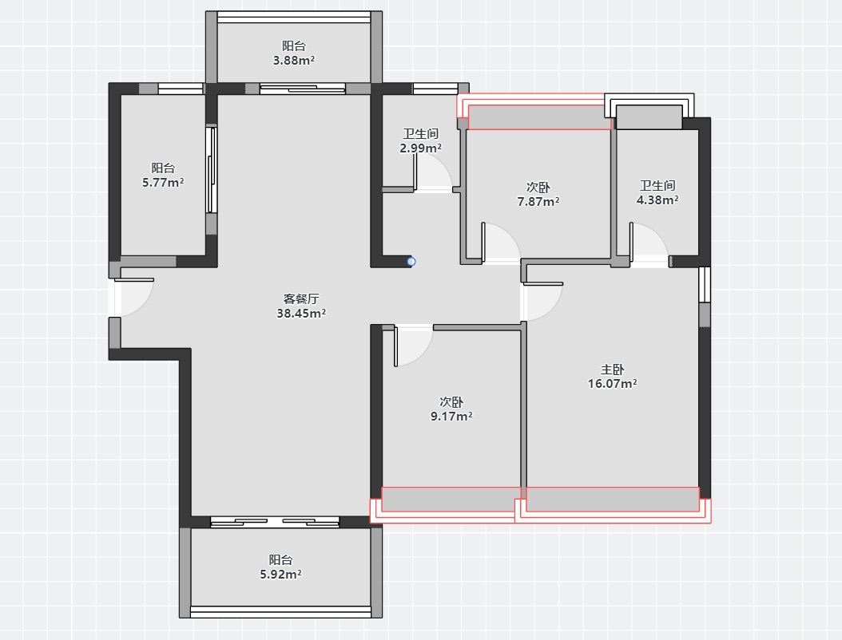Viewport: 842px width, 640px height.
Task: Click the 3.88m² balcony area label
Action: click(x=294, y=61)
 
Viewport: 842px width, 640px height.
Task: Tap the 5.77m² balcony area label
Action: click(x=163, y=183)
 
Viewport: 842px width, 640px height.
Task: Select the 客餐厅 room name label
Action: click(x=301, y=298)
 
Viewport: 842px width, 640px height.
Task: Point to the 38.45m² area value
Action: click(x=301, y=314)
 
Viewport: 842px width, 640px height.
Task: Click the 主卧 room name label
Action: click(x=612, y=369)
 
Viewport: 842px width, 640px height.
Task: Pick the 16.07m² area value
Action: click(x=612, y=384)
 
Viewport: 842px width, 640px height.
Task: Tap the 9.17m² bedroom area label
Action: click(x=451, y=417)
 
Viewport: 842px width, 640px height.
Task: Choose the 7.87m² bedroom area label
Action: click(x=538, y=202)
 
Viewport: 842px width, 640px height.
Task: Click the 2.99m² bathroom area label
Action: click(x=420, y=148)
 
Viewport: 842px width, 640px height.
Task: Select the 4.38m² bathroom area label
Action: click(x=657, y=200)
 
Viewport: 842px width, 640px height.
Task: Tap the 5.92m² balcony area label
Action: click(x=280, y=575)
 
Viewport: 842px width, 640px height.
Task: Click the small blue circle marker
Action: click(x=411, y=262)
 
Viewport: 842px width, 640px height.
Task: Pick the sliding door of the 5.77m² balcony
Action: click(x=212, y=170)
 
